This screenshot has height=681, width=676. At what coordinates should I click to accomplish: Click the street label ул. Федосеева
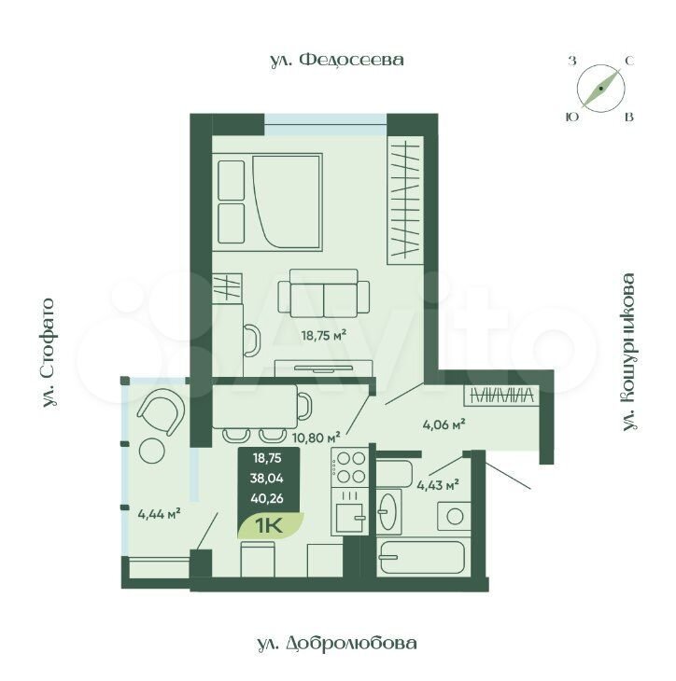point(337,60)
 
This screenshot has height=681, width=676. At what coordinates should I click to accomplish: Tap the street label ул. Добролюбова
point(336,643)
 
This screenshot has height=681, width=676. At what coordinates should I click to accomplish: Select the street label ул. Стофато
point(49,354)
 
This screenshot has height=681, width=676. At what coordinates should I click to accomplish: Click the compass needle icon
point(600,89)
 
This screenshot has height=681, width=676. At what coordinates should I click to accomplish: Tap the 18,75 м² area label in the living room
point(324,335)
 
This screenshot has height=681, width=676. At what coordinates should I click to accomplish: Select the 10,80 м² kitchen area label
point(316,438)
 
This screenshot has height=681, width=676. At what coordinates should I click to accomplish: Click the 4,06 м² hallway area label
point(444,424)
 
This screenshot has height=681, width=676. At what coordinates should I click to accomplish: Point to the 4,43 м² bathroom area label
point(438,485)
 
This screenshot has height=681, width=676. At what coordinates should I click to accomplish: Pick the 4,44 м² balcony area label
point(159,514)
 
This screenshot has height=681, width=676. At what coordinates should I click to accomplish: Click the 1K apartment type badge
point(270,525)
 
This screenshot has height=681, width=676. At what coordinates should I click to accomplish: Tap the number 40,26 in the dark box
point(267,498)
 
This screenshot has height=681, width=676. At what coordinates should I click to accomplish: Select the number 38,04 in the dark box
point(267,479)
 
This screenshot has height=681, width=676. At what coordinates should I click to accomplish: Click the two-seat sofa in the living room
point(324,294)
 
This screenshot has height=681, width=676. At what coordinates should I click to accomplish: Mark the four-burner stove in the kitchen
point(349,467)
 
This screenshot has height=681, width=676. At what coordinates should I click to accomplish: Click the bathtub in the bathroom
point(422,558)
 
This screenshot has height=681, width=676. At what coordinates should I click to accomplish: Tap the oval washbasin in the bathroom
point(388,511)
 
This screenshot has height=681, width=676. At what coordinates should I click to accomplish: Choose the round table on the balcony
point(151,451)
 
